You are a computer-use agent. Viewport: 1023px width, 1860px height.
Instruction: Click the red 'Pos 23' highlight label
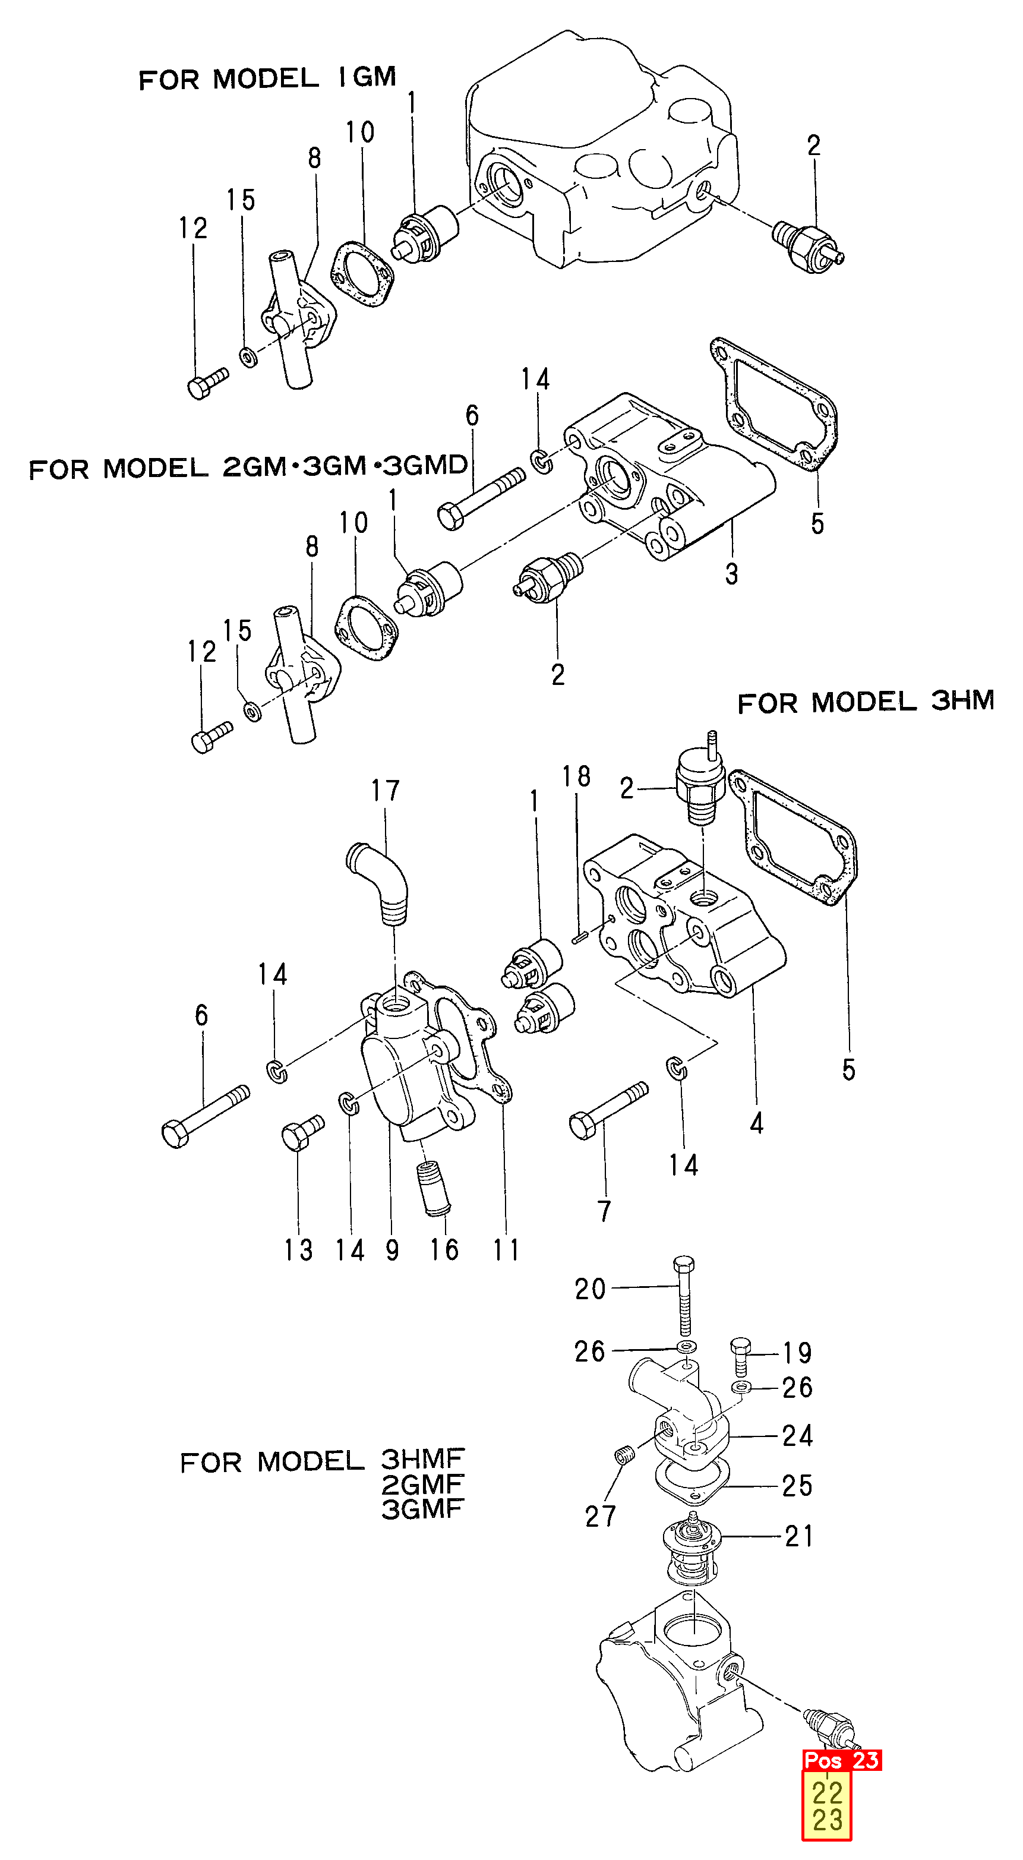842,1760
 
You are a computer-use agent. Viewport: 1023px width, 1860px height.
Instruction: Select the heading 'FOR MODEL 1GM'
267,78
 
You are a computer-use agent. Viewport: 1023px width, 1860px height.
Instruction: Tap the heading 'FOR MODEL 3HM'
865,701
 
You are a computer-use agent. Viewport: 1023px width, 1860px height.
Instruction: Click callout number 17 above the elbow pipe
386,791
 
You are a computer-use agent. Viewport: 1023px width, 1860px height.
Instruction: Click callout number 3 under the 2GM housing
731,574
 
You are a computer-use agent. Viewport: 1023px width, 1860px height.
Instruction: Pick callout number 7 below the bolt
605,1211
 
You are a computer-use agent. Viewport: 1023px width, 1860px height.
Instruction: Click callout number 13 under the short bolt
298,1250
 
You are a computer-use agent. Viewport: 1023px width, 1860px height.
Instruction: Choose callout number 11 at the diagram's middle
506,1249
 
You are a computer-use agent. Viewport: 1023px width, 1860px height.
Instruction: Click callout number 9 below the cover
392,1249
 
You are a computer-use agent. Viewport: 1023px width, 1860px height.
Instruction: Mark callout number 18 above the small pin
576,777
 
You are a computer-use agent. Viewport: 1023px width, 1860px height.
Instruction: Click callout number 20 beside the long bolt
590,1289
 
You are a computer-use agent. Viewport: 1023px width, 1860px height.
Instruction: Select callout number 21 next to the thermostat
799,1536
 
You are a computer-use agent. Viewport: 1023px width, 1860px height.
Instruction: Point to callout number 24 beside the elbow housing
798,1435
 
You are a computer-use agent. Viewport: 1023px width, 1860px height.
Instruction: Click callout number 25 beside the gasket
798,1485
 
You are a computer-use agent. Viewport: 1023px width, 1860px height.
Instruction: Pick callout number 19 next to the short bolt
798,1353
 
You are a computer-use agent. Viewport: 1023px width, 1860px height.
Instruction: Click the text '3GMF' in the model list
422,1509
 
